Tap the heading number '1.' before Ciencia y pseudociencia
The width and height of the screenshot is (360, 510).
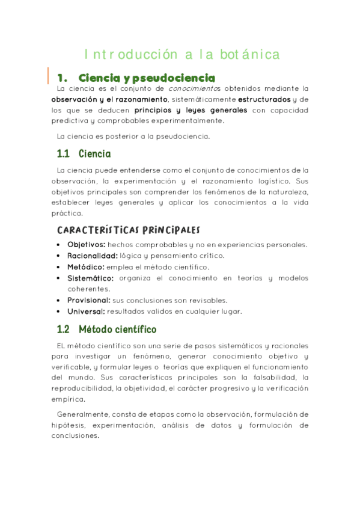pyautogui.click(x=61, y=78)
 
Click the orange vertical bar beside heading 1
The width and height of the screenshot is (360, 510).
pyautogui.click(x=48, y=76)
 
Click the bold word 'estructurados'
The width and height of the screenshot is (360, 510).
pyautogui.click(x=264, y=99)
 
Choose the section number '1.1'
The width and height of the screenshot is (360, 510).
pyautogui.click(x=63, y=154)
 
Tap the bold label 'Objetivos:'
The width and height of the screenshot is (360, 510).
pyautogui.click(x=87, y=245)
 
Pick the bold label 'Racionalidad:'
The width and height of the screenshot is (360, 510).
pyautogui.click(x=92, y=256)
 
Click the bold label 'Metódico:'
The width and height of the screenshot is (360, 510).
pyautogui.click(x=86, y=266)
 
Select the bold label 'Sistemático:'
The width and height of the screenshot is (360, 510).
pyautogui.click(x=91, y=278)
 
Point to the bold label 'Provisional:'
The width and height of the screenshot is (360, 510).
pyautogui.click(x=89, y=300)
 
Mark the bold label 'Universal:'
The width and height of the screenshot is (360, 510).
pyautogui.click(x=86, y=312)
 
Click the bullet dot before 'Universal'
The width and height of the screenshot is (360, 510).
pyautogui.click(x=58, y=312)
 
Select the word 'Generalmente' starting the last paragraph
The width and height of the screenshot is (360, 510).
pyautogui.click(x=82, y=414)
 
